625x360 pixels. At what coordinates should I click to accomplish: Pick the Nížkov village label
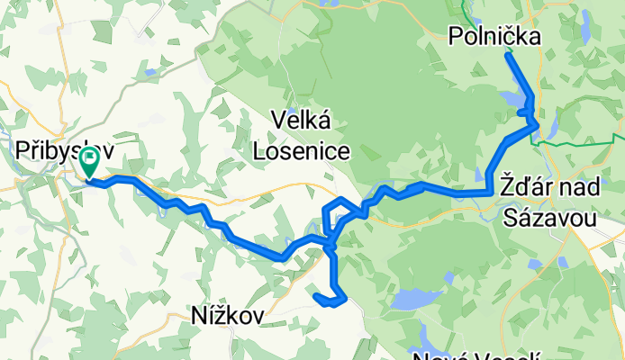[x=227, y=315]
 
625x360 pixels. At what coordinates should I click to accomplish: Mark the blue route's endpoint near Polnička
[x=508, y=56]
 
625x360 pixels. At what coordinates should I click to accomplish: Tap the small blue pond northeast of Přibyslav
[x=149, y=70]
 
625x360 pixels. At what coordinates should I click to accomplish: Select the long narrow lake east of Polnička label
[x=584, y=27]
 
